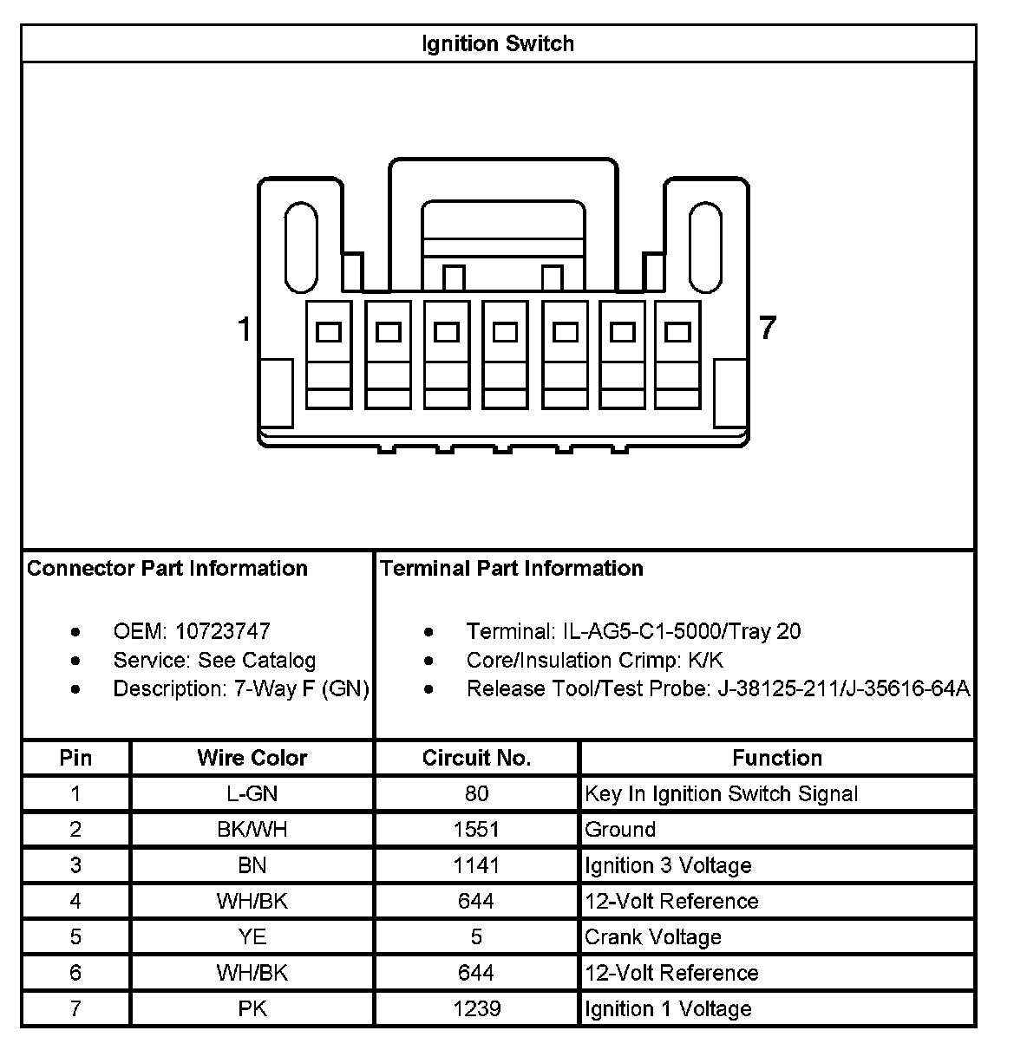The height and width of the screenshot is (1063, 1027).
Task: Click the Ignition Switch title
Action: tap(498, 43)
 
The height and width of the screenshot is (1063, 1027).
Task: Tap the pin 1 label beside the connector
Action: tap(245, 329)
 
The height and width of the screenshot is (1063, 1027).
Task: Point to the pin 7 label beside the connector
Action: tap(767, 329)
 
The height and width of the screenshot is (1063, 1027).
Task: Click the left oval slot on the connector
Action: tap(301, 247)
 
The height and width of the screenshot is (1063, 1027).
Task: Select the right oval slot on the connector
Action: tap(704, 247)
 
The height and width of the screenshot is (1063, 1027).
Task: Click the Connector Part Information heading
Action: tap(167, 569)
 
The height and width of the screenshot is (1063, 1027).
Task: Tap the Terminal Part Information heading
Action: tap(511, 569)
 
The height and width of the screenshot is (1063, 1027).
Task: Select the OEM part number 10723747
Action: tap(223, 631)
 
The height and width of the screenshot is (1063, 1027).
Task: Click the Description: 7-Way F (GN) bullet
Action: tap(241, 689)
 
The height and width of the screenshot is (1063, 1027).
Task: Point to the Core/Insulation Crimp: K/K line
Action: tap(594, 661)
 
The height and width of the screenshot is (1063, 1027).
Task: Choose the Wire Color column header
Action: tap(252, 759)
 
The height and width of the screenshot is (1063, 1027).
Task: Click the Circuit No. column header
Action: tap(476, 759)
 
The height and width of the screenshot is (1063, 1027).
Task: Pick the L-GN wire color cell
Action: tap(252, 794)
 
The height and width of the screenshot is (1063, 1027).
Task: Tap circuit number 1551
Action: tap(476, 830)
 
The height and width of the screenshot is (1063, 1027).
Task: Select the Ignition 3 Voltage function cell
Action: tap(668, 866)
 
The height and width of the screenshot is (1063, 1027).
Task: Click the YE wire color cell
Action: tap(252, 937)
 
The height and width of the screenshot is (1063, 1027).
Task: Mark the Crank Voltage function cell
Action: tap(653, 937)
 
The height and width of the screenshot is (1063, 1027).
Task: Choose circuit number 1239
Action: tap(476, 1009)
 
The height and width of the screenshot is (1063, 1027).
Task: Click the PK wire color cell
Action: tap(252, 1009)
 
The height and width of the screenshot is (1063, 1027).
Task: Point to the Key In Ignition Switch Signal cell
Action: tap(721, 794)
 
